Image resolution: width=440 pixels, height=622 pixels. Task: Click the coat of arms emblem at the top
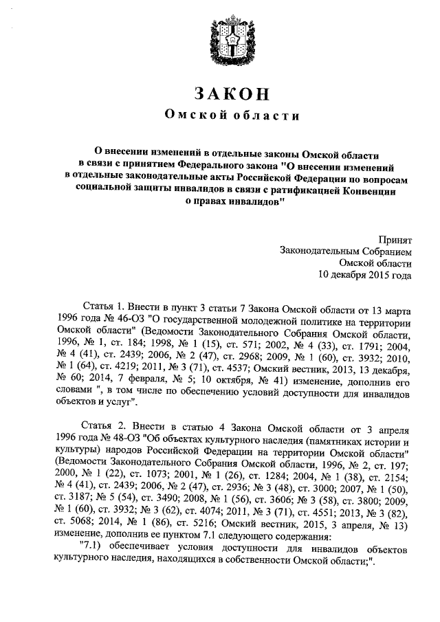(221, 42)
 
